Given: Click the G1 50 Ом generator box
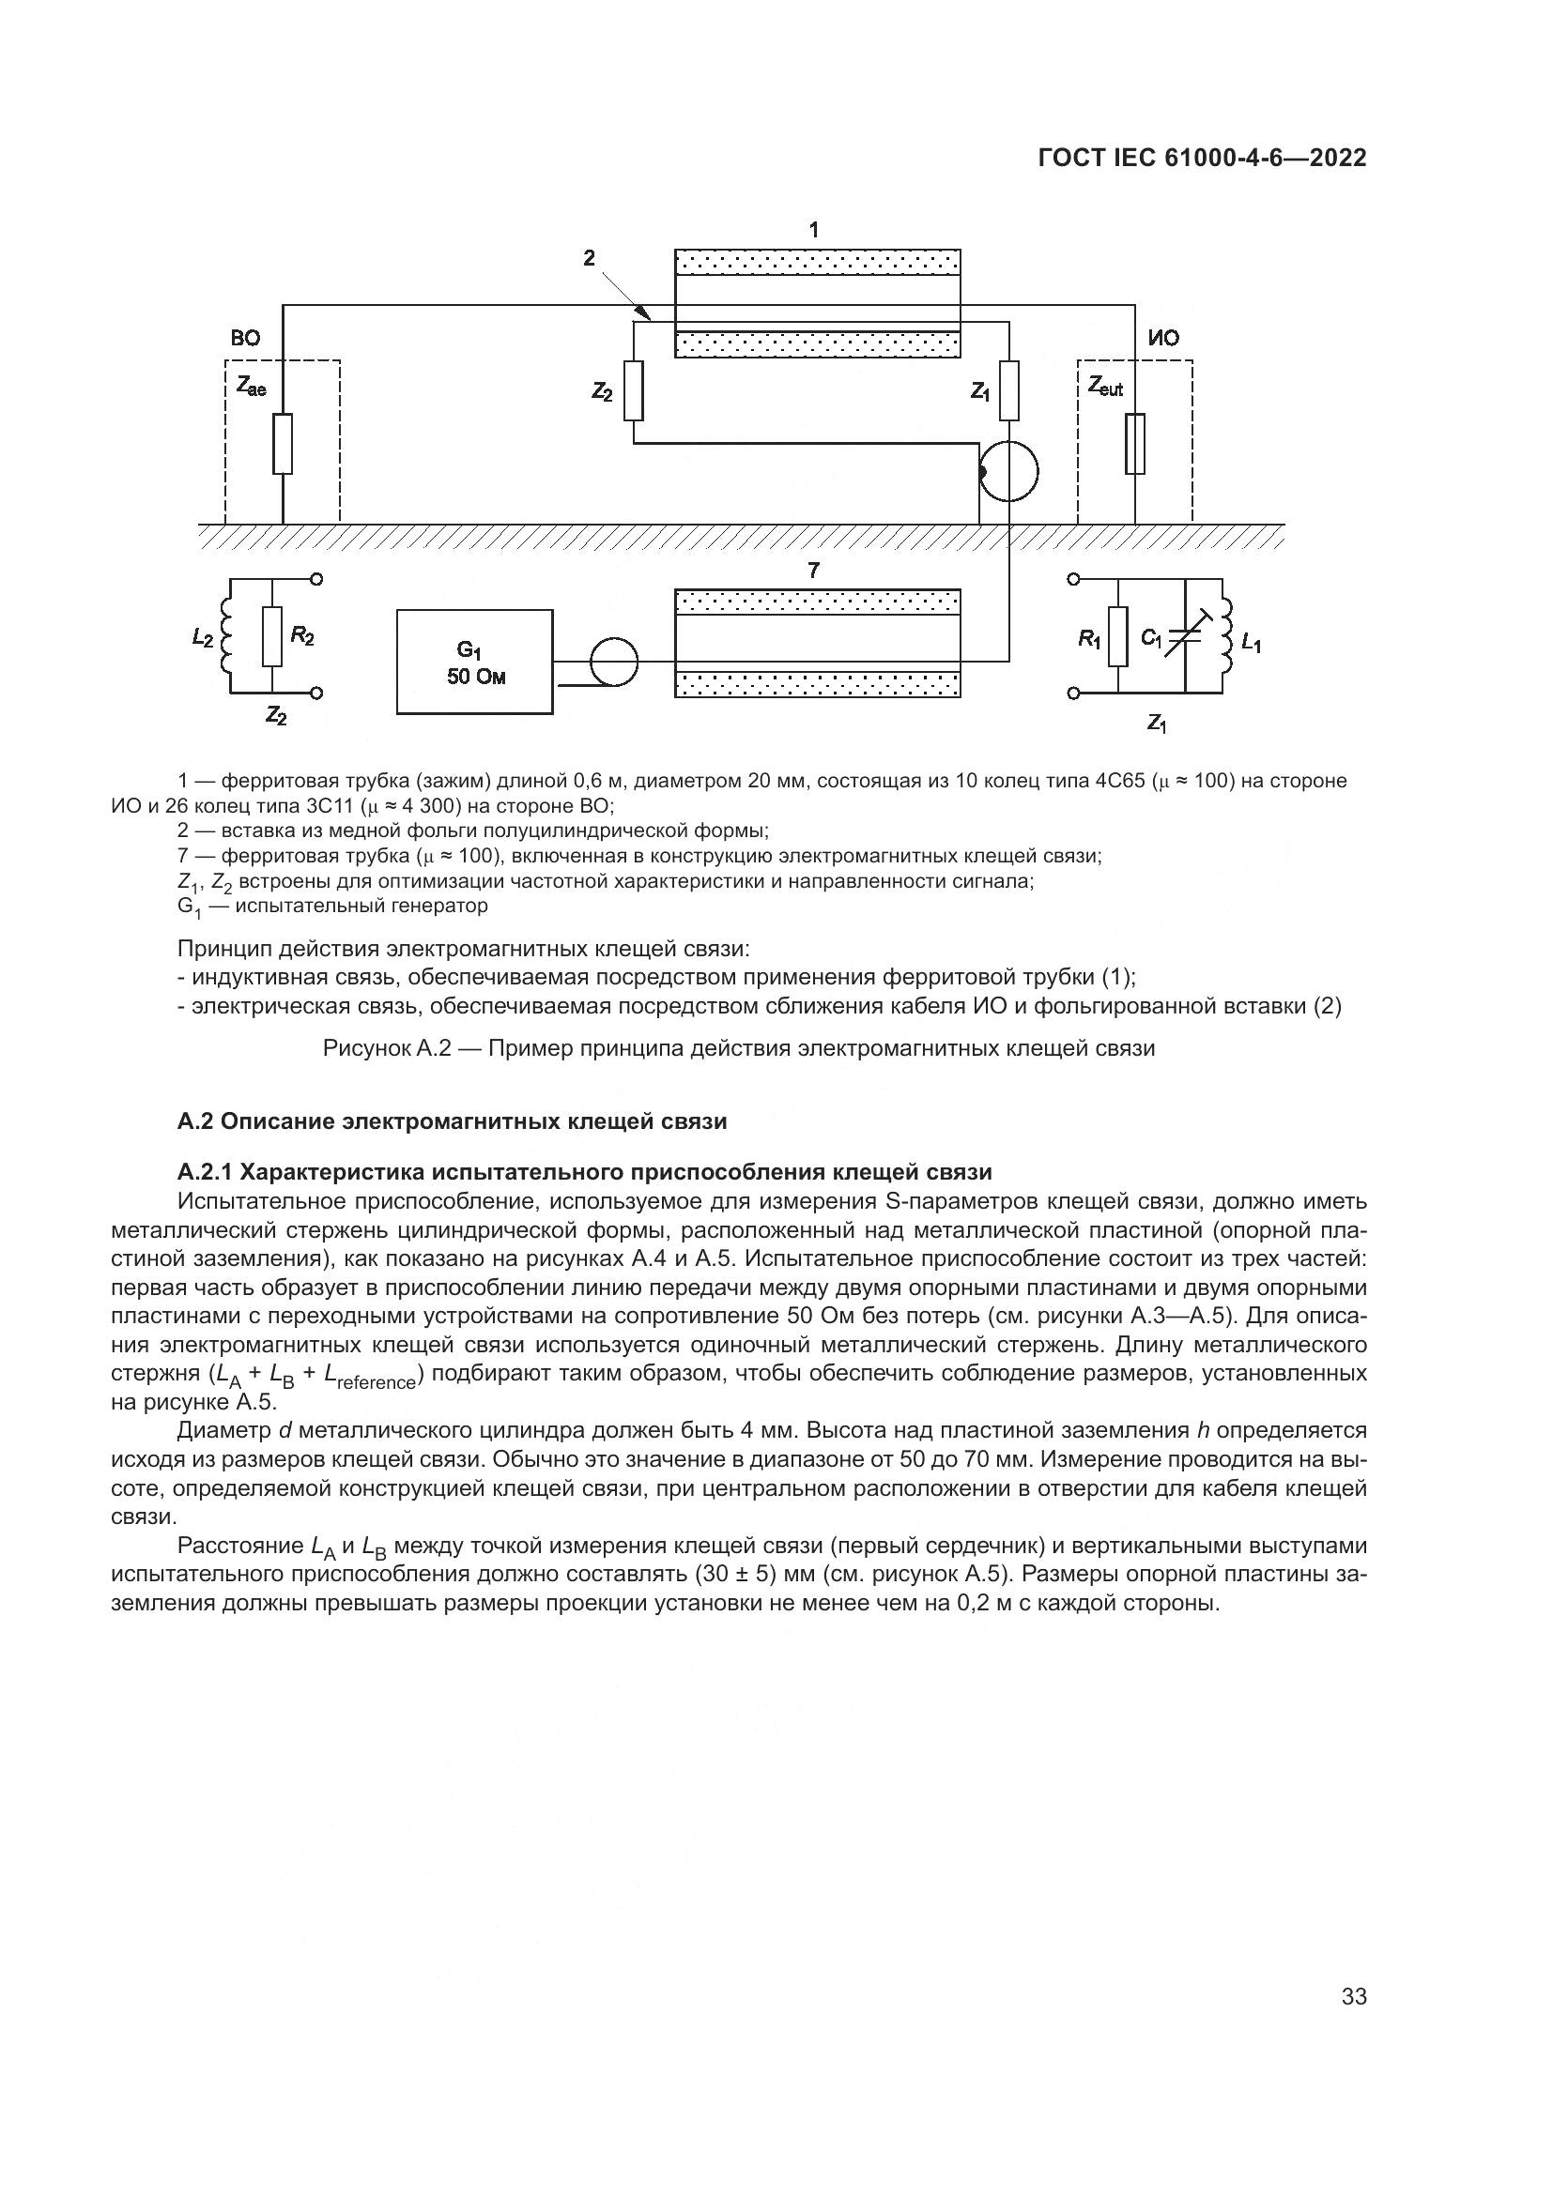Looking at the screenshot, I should (x=474, y=662).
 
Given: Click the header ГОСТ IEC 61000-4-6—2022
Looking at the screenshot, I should (x=1202, y=158).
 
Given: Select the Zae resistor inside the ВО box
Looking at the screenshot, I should (x=282, y=444).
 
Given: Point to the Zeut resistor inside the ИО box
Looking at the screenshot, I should (x=1135, y=444).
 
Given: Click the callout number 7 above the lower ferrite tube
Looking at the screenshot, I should (x=813, y=571).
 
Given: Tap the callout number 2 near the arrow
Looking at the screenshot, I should (x=589, y=257).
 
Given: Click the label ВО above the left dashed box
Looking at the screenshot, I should (x=245, y=339).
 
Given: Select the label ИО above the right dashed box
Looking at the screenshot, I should (x=1163, y=339).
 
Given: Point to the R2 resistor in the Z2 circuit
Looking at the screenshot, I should (x=272, y=636).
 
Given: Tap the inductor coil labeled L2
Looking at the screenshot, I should (x=226, y=636).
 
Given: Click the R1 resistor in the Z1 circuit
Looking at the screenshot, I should (x=1117, y=636).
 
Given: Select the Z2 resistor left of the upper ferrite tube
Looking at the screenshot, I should (x=633, y=391).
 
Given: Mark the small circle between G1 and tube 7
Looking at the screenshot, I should (x=613, y=662).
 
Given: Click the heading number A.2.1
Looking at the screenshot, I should (x=205, y=1172).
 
